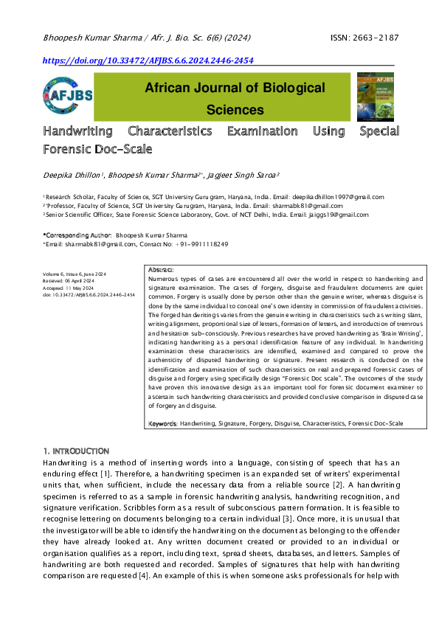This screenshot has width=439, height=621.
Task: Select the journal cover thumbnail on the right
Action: coord(375,97)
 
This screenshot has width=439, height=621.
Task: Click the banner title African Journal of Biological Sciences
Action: coord(235,99)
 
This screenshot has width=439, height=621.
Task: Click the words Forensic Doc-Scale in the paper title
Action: coord(97,149)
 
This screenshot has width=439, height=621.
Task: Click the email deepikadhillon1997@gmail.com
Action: coord(337,197)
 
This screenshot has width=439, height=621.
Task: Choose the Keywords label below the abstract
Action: coord(162,423)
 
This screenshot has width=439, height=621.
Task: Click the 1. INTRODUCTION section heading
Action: coord(76,451)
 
